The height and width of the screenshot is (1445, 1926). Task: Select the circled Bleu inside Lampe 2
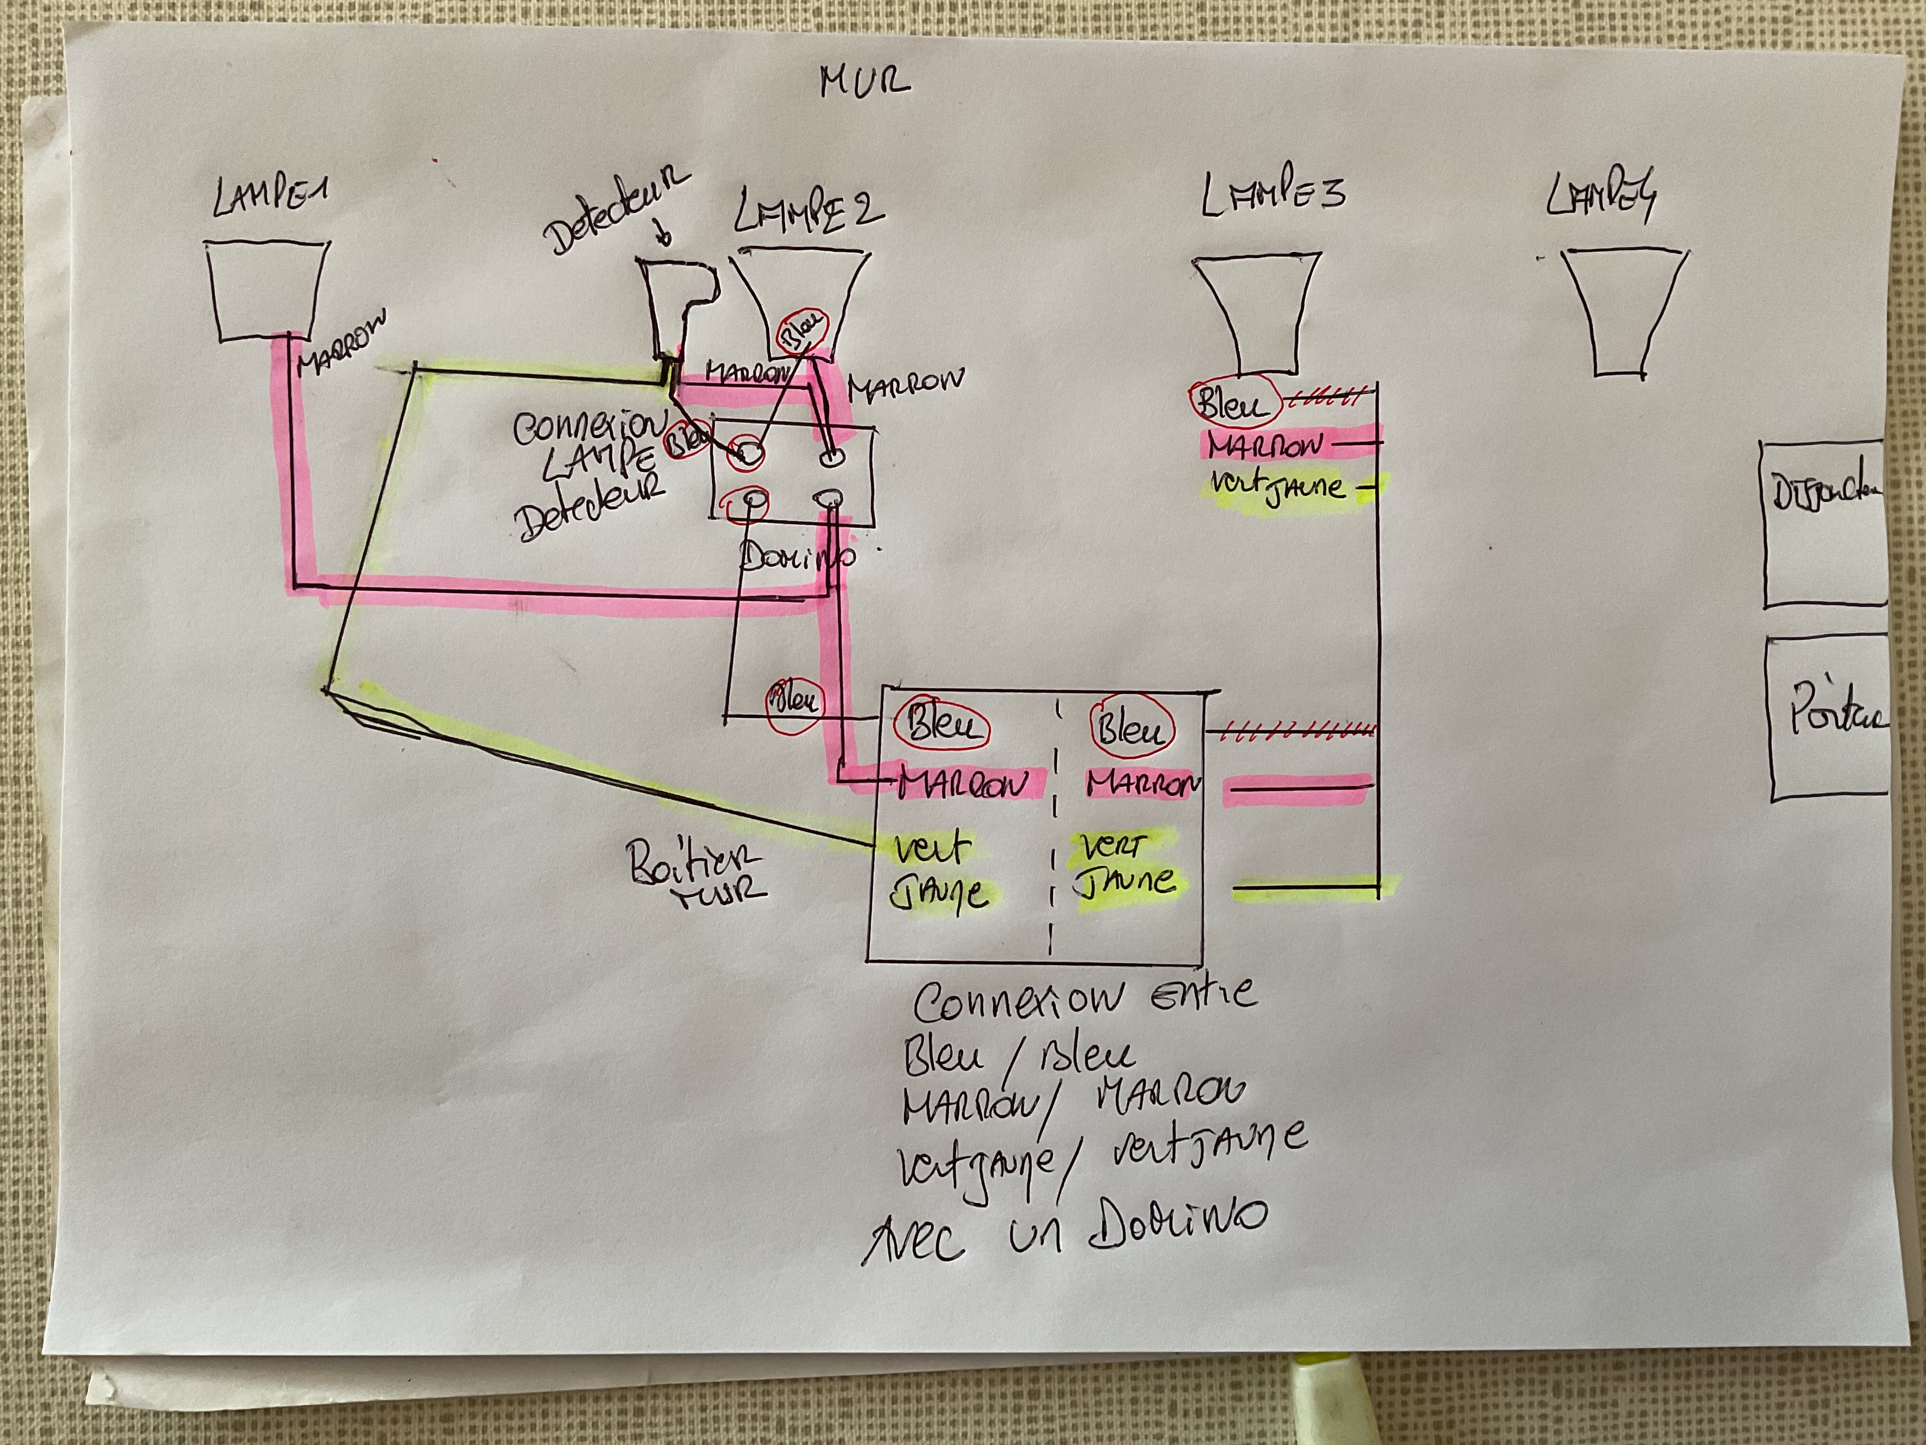click(x=803, y=331)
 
